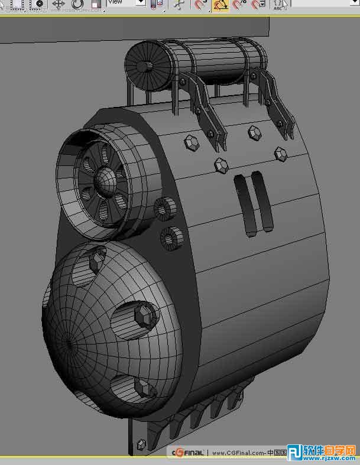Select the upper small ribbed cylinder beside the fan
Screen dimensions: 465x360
tap(163, 209)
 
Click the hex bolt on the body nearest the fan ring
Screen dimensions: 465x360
tap(191, 142)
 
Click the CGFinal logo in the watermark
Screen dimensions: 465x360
tap(188, 453)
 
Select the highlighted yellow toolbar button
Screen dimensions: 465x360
tap(220, 5)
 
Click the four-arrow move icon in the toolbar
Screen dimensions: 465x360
tap(58, 4)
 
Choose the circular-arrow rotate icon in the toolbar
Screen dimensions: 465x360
tap(77, 5)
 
